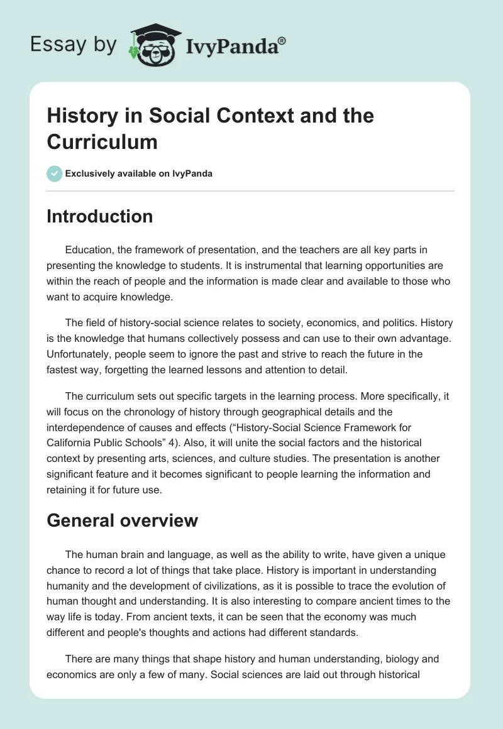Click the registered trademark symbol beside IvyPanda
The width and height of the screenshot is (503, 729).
pos(282,40)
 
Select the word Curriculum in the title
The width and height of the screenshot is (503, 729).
pos(102,141)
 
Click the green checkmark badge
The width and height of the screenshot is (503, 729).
pos(55,173)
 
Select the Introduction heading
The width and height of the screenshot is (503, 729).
pos(100,216)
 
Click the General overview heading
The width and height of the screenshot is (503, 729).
pos(123,520)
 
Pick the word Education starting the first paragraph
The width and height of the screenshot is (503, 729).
pos(89,249)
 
